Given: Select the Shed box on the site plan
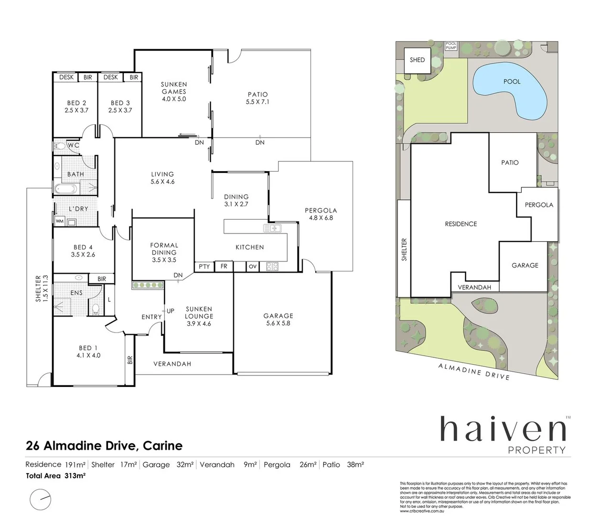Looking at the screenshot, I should click(417, 60).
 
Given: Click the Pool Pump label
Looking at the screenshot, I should click(451, 46).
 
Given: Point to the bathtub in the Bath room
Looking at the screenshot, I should click(65, 189).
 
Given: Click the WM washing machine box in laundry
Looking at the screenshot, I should click(59, 222).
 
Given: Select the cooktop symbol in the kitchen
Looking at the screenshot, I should click(272, 267).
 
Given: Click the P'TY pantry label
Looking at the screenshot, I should click(204, 267).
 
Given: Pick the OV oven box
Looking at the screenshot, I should click(253, 267).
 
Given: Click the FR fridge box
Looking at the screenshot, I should click(224, 267).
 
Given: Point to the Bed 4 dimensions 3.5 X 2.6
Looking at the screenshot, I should click(83, 255).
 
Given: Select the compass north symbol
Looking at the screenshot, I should click(40, 500).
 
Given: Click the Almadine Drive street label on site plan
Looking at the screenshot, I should click(474, 371).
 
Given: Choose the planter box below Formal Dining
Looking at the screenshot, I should click(148, 285).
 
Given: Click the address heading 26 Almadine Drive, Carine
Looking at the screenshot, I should click(104, 446).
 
